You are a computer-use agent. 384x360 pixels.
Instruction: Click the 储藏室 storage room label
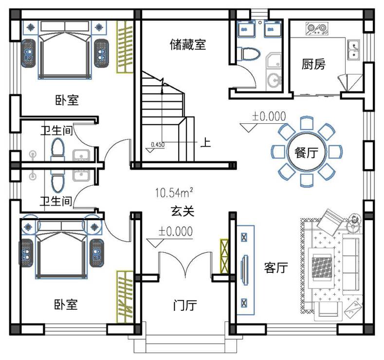188,44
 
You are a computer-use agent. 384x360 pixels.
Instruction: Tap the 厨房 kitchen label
313,64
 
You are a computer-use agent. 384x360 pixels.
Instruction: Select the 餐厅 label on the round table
306,152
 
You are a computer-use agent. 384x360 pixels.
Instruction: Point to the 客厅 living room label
276,267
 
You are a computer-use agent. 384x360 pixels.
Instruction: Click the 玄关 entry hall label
183,211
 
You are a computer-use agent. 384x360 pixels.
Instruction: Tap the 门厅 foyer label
185,305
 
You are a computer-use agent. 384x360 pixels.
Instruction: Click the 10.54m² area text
174,192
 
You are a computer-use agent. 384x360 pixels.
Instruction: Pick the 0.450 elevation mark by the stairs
158,145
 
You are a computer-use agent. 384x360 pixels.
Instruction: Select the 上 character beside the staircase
205,142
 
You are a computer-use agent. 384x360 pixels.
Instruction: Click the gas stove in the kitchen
317,29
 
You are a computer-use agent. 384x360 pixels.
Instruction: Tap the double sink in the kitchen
354,50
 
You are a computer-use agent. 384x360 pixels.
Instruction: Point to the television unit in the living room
245,270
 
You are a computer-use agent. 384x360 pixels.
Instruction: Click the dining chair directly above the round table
307,123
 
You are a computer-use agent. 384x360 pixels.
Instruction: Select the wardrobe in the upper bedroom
125,47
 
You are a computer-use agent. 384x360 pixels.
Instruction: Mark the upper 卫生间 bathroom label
56,131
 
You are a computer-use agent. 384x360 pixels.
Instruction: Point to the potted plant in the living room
354,219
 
